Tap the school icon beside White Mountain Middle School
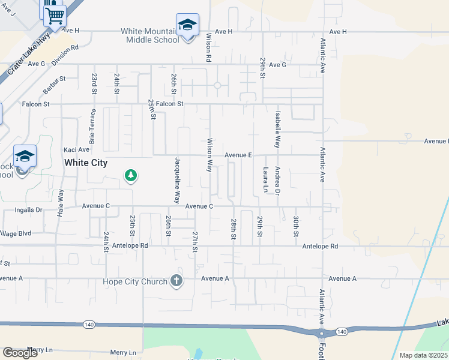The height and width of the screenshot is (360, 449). (x=187, y=25)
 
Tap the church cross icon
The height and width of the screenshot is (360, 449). (x=176, y=280)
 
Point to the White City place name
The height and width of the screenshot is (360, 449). (x=86, y=163)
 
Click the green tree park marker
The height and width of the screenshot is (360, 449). (x=130, y=176)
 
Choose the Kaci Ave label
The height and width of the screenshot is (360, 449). (x=76, y=149)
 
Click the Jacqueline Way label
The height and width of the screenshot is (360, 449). (x=177, y=180)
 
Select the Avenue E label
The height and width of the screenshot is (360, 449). (x=238, y=155)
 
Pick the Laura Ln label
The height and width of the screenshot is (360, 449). (x=265, y=180)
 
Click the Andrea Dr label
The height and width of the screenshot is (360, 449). (x=277, y=181)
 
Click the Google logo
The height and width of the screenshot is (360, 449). (x=20, y=353)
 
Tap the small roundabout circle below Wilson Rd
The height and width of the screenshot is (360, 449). (x=217, y=85)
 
